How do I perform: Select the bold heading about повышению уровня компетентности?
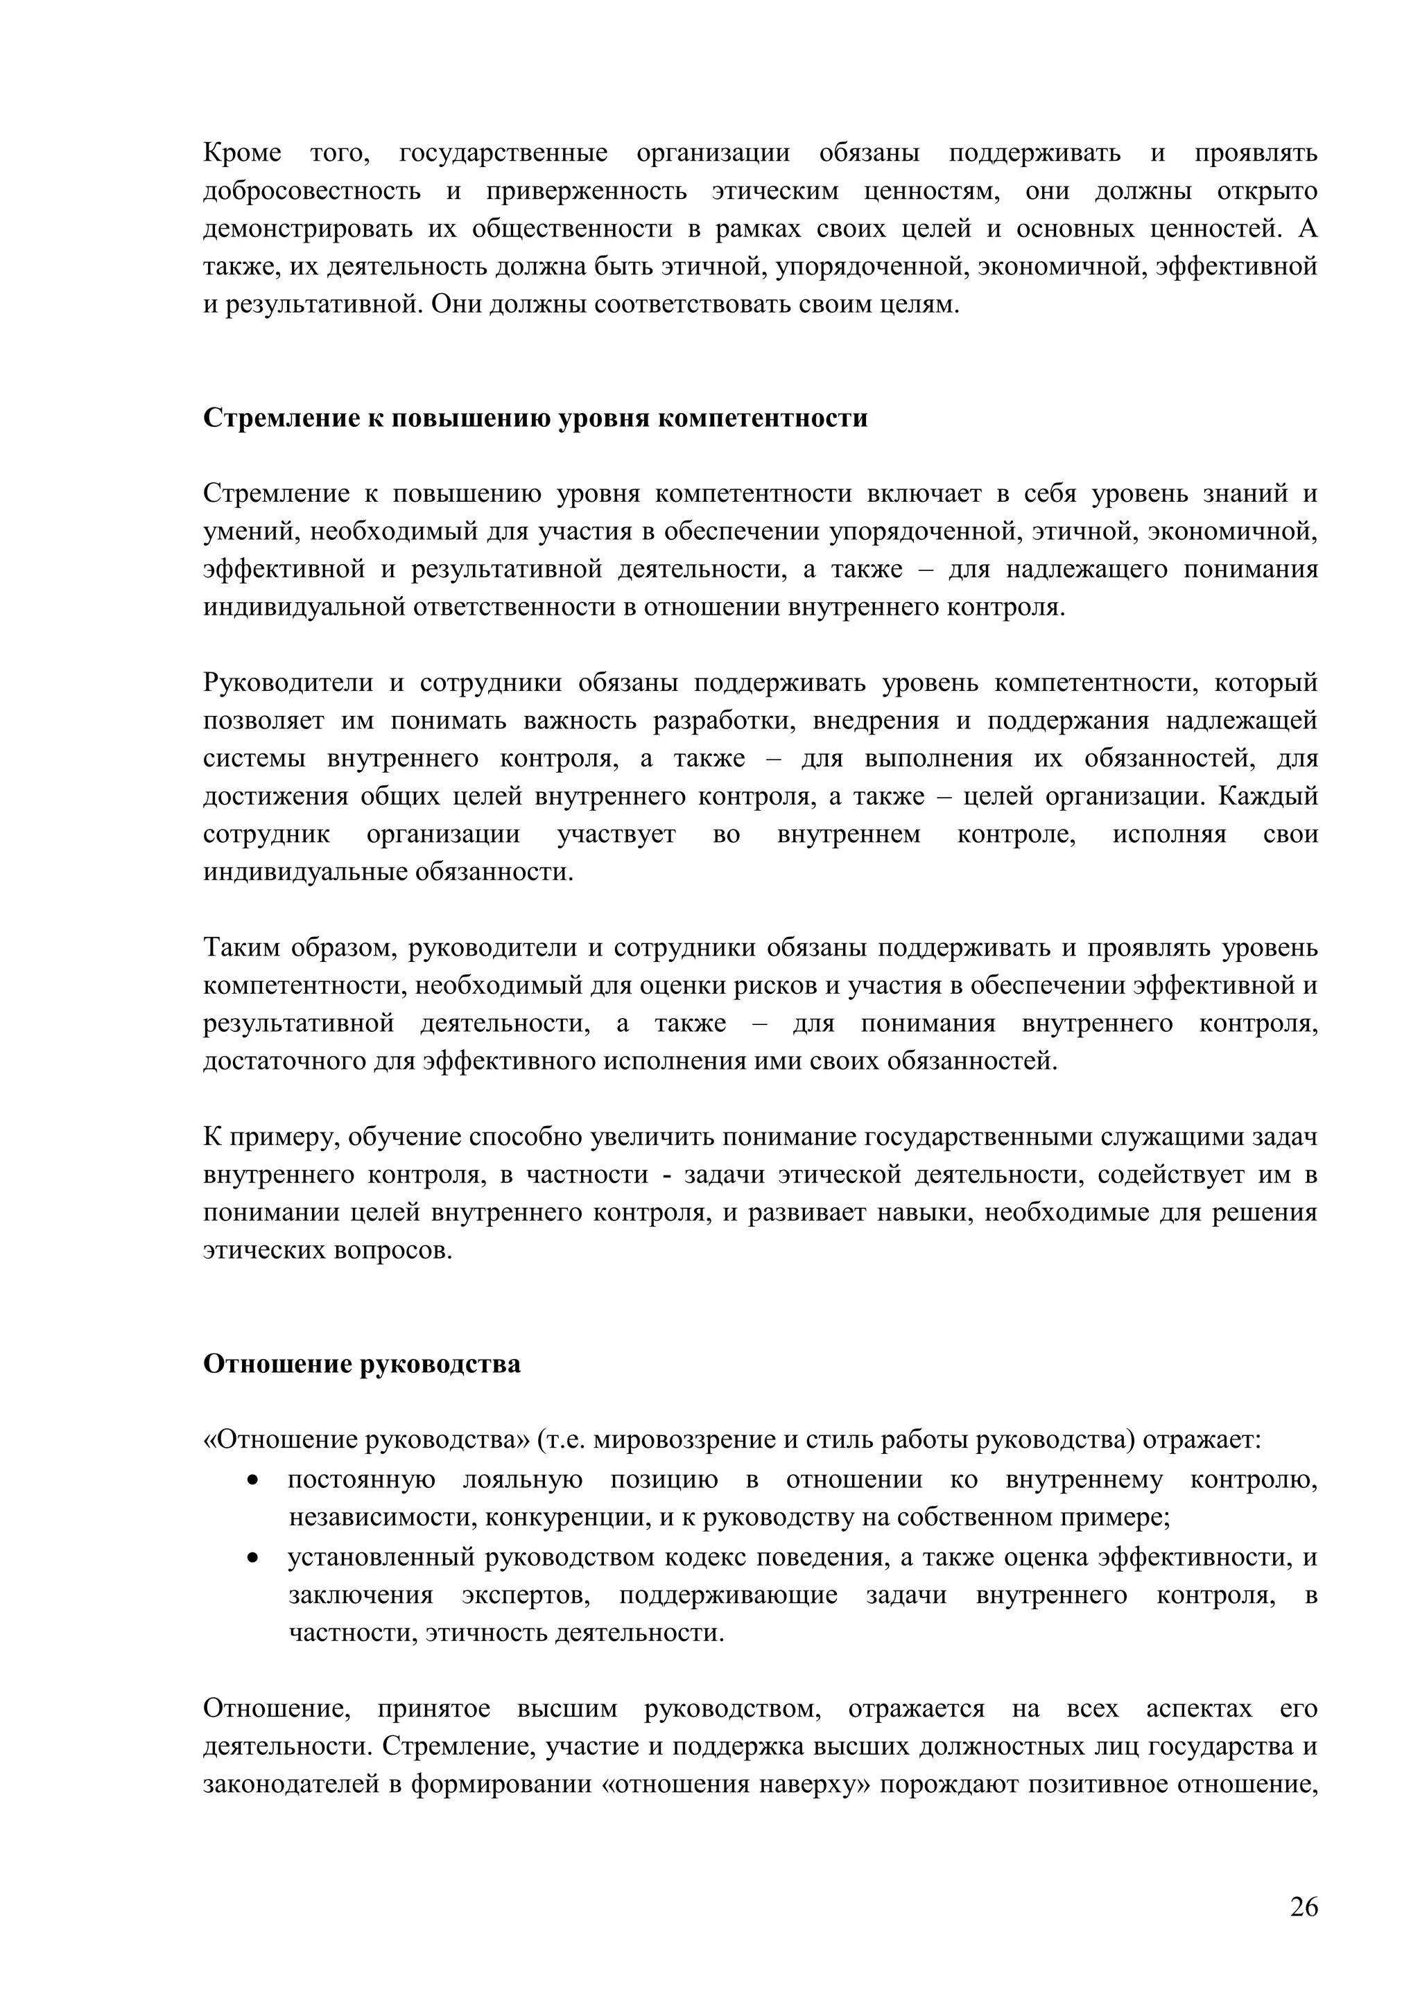[535, 418]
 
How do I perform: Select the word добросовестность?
[311, 191]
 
